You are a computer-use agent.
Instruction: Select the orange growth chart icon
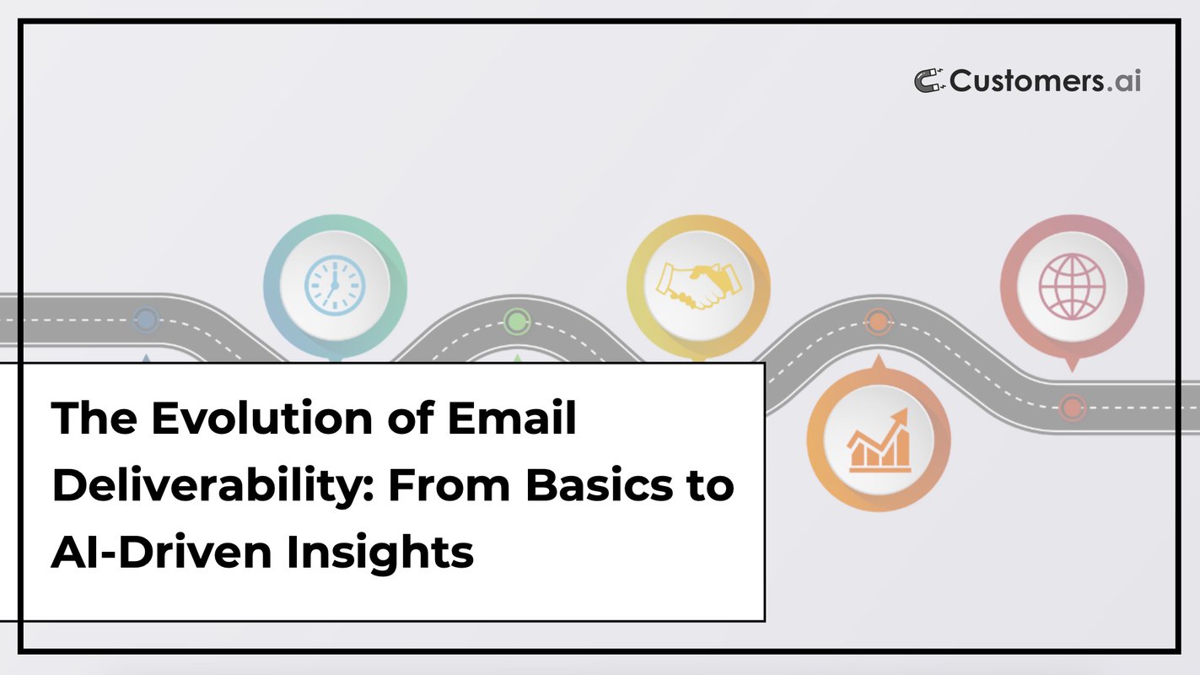[x=879, y=440]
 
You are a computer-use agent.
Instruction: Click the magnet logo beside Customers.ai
[x=930, y=81]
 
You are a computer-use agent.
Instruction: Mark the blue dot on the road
[x=146, y=320]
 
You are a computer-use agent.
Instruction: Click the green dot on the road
[x=515, y=321]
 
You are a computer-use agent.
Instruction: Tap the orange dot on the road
[x=878, y=321]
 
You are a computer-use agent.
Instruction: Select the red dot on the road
[x=1072, y=406]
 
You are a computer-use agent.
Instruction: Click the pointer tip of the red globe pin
[x=1072, y=369]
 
